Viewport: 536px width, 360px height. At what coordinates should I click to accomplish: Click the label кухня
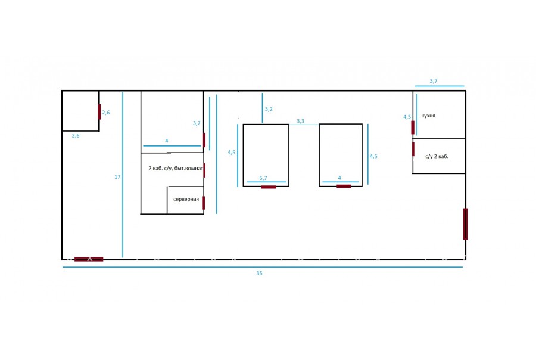pyautogui.click(x=428, y=116)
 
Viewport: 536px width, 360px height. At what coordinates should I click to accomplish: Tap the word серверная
pyautogui.click(x=186, y=199)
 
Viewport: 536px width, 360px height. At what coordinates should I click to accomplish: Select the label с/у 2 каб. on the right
pyautogui.click(x=437, y=156)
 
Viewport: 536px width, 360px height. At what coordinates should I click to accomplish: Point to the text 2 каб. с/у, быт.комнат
pyautogui.click(x=176, y=168)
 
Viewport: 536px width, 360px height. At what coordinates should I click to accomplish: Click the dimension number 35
pyautogui.click(x=260, y=273)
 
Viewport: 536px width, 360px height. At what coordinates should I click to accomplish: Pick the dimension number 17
pyautogui.click(x=117, y=177)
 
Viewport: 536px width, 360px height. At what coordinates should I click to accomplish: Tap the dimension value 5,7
pyautogui.click(x=263, y=178)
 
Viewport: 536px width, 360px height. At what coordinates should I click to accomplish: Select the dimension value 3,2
pyautogui.click(x=269, y=109)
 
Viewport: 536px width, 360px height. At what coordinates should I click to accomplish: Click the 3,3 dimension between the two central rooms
pyautogui.click(x=301, y=121)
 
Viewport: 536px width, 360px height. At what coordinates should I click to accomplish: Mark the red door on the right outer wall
pyautogui.click(x=465, y=224)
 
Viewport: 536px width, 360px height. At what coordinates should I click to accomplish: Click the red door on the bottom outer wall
pyautogui.click(x=89, y=259)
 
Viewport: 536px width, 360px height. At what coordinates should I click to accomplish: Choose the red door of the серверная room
pyautogui.click(x=204, y=203)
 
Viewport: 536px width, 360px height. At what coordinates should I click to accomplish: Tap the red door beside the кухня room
pyautogui.click(x=413, y=128)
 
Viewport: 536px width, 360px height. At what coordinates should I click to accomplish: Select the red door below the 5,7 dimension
pyautogui.click(x=269, y=187)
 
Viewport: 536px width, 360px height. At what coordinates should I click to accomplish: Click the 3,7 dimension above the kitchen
pyautogui.click(x=434, y=81)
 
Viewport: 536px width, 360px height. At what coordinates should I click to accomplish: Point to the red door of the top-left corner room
pyautogui.click(x=99, y=112)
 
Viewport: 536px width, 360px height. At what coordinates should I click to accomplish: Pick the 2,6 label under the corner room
pyautogui.click(x=76, y=136)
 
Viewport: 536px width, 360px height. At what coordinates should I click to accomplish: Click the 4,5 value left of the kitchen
pyautogui.click(x=407, y=117)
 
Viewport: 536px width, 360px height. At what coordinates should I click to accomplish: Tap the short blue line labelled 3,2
pyautogui.click(x=262, y=108)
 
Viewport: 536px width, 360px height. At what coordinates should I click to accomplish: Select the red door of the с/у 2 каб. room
pyautogui.click(x=413, y=149)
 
